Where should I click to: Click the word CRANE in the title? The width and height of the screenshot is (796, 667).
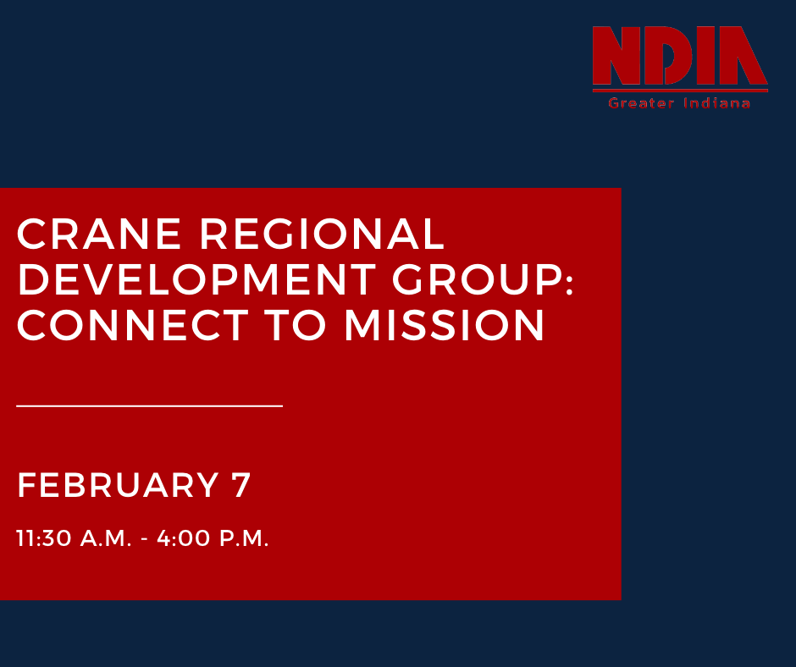[98, 234]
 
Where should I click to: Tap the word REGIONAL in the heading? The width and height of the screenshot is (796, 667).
[322, 234]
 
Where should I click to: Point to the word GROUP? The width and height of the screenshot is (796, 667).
[475, 280]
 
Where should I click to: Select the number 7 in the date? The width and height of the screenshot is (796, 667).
[241, 486]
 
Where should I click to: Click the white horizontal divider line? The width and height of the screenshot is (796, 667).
[149, 406]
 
